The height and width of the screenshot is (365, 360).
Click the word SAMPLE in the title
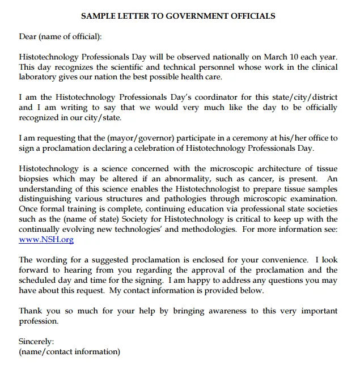pyautogui.click(x=98, y=16)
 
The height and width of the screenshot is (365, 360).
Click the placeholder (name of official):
pyautogui.click(x=70, y=37)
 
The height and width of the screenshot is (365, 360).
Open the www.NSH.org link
pyautogui.click(x=46, y=240)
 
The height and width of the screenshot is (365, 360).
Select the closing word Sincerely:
pyautogui.click(x=36, y=341)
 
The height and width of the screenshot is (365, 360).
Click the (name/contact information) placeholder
pyautogui.click(x=69, y=351)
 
